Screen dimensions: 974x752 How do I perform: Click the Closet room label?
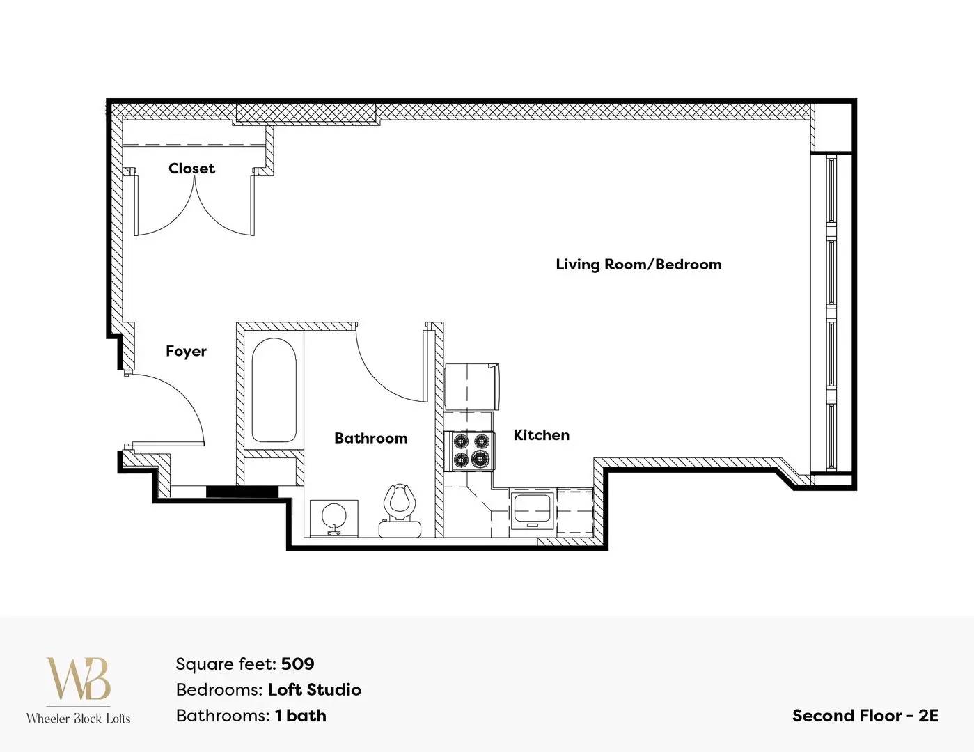pos(191,169)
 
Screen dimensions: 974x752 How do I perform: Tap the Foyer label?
pos(186,351)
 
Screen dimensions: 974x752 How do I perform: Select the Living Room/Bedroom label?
pos(638,265)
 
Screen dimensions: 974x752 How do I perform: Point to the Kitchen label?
pos(541,434)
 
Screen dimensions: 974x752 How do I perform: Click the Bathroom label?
pos(370,438)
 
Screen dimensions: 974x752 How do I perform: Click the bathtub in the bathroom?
pos(274,391)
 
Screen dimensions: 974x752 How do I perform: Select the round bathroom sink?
pos(334,517)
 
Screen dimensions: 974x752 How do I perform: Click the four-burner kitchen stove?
pos(470,451)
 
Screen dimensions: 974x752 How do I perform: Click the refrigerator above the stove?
pos(471,386)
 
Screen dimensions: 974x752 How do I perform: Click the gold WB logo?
pos(79,679)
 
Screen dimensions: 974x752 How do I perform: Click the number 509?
pos(297,664)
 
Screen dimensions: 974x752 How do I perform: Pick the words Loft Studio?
pos(314,690)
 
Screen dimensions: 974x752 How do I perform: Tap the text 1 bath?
pos(301,716)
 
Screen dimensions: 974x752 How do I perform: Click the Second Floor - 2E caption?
pos(865,716)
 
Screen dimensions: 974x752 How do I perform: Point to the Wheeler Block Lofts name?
pos(79,719)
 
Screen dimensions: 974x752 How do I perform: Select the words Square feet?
pos(226,664)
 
